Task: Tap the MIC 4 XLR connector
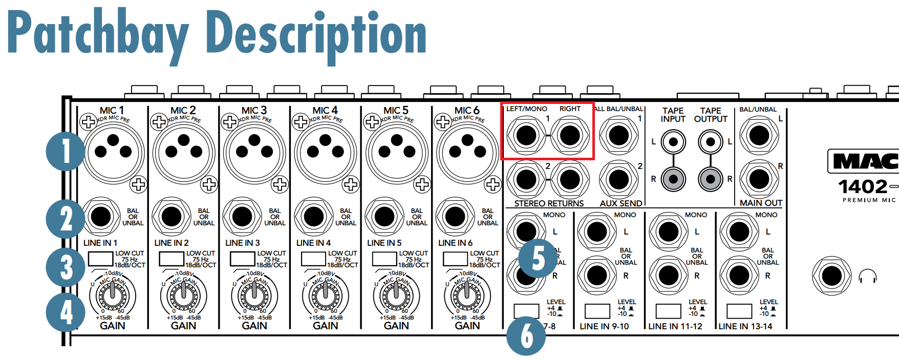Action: [326, 152]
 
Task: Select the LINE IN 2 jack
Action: [172, 217]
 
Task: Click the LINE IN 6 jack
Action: [455, 217]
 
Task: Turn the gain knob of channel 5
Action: [396, 293]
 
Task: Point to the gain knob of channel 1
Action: [112, 293]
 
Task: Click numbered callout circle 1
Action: [66, 152]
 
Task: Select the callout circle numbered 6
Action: [526, 336]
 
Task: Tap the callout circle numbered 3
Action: [66, 267]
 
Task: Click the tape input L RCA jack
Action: [673, 142]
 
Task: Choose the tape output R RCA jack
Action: [711, 179]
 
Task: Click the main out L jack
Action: [759, 136]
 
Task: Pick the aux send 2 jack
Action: [618, 180]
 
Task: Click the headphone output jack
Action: [832, 277]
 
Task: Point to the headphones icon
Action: [868, 277]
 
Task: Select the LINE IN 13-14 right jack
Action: [739, 276]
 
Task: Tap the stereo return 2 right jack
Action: [569, 180]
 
